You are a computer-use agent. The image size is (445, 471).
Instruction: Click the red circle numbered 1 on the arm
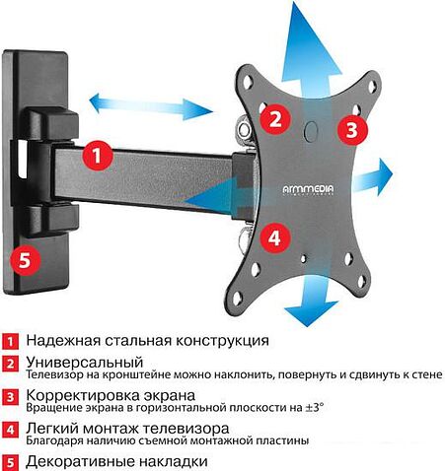(x=95, y=155)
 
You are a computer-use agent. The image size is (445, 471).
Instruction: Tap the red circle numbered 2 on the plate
(x=276, y=120)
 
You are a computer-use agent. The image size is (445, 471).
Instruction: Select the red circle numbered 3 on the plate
(x=349, y=129)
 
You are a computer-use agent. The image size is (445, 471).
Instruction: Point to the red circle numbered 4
(x=276, y=236)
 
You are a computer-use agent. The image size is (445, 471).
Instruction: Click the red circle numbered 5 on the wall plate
(x=25, y=258)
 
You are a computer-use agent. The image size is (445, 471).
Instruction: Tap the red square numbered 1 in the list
(x=10, y=341)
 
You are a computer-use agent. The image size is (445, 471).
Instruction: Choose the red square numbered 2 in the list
(x=10, y=364)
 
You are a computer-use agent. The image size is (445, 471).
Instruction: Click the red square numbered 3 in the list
(x=10, y=397)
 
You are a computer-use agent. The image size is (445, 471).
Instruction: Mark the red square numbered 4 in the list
(x=10, y=430)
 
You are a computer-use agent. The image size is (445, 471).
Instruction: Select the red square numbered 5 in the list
(x=10, y=461)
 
